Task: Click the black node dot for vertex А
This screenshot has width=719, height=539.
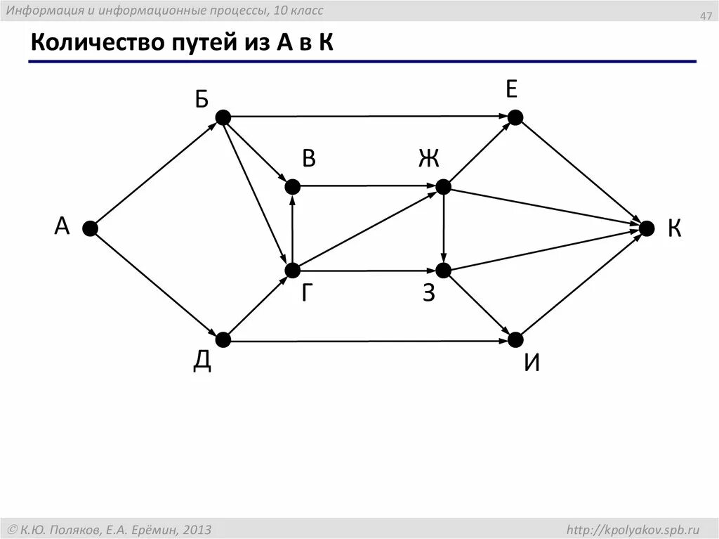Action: click(x=90, y=228)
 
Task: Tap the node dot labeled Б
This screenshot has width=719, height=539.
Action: click(x=223, y=117)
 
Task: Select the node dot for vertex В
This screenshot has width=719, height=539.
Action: click(x=292, y=186)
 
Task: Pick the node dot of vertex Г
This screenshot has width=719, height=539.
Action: click(x=292, y=270)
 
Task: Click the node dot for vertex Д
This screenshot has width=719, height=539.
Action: click(x=223, y=340)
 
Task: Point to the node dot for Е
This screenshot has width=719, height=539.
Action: click(x=515, y=117)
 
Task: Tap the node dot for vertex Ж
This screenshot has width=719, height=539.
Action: click(x=443, y=186)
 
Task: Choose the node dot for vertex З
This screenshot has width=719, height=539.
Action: click(x=443, y=270)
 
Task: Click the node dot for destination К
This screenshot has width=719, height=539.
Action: click(x=646, y=228)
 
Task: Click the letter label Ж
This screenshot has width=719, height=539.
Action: click(x=428, y=160)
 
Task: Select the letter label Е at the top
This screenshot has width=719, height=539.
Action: click(x=511, y=89)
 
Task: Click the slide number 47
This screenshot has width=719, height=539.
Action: click(x=705, y=16)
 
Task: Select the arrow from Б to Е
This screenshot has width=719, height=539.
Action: click(x=369, y=117)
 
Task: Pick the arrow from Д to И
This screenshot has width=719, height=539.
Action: click(x=369, y=341)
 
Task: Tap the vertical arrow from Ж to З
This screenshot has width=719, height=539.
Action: click(x=443, y=228)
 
